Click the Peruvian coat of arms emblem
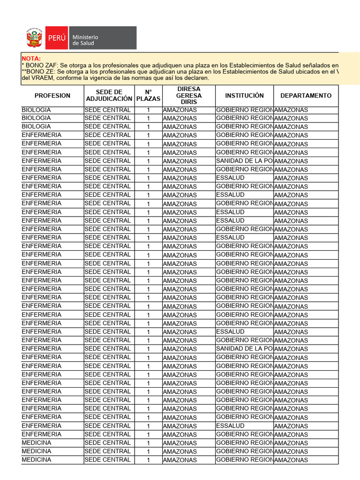[x=34, y=38]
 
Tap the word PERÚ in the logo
[x=56, y=38]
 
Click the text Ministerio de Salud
[x=85, y=40]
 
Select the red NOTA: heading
[x=31, y=58]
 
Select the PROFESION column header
[x=52, y=96]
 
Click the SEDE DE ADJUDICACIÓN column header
[x=109, y=96]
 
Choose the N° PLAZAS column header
[x=148, y=96]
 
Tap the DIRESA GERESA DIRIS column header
[x=189, y=96]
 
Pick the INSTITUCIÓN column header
[x=244, y=96]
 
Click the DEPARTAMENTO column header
[x=306, y=96]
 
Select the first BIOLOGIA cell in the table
[x=37, y=110]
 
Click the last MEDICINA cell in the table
[x=37, y=460]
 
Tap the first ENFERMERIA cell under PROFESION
[x=41, y=135]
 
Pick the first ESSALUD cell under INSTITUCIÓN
[x=230, y=178]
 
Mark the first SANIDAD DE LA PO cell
[x=244, y=161]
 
